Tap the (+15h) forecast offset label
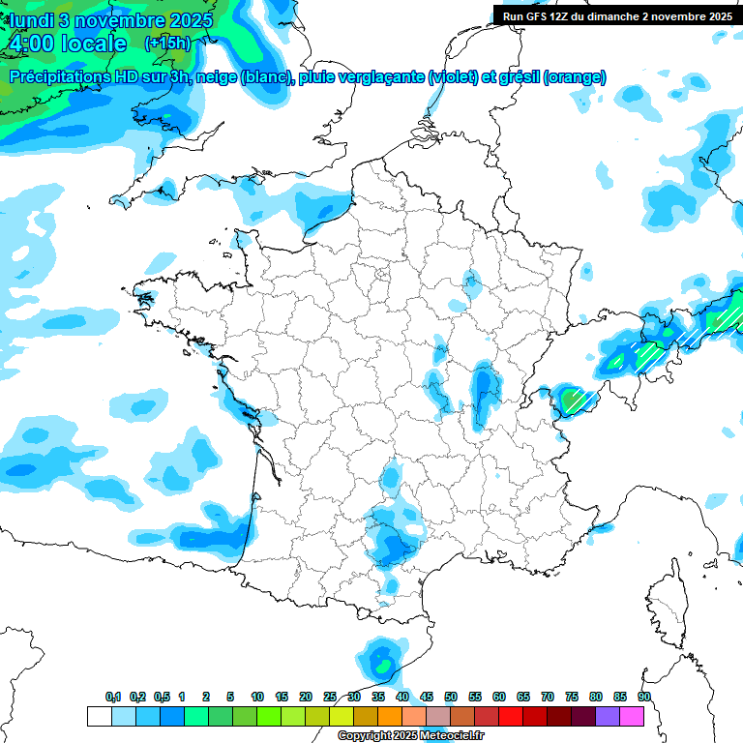pos(167,44)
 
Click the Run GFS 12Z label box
pos(617,15)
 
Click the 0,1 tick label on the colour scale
pos(113,698)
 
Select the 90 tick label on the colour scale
pos(644,698)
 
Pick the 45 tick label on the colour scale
pos(427,698)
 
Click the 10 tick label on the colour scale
pos(257,698)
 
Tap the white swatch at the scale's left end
pos(99,716)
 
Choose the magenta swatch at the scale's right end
pos(632,716)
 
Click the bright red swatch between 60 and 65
pos(511,716)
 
